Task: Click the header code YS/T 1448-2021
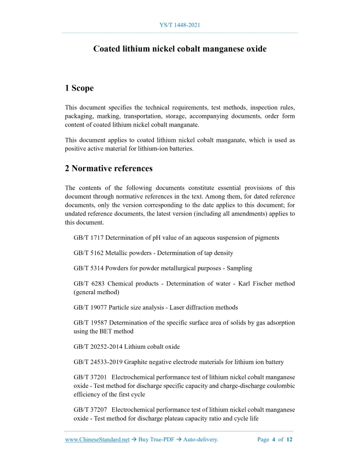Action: (x=179, y=24)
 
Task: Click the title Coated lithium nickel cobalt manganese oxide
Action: (x=179, y=49)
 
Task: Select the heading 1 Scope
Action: (x=79, y=88)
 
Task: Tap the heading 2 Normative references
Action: (x=109, y=168)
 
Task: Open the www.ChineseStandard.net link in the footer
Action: (x=97, y=440)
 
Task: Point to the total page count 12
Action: (x=290, y=440)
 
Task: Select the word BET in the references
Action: (x=100, y=331)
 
